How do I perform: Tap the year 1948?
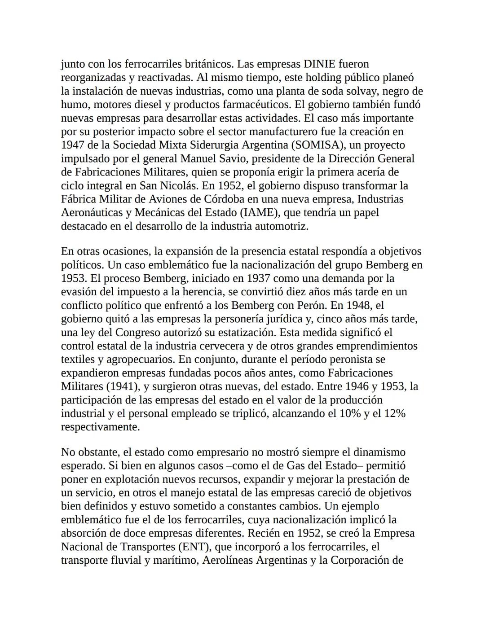pos(357,305)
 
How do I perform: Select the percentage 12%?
pos(395,413)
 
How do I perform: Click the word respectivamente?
pos(100,426)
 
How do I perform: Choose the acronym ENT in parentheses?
pos(195,547)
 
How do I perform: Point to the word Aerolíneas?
pos(229,560)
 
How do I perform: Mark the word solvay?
pos(350,91)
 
